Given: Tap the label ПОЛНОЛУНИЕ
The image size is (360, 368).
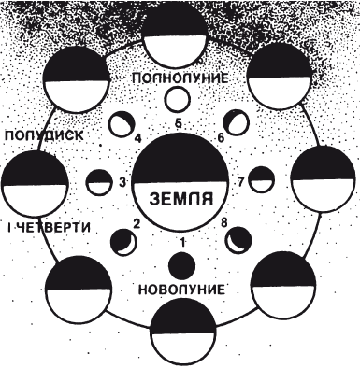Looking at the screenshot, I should [180, 76].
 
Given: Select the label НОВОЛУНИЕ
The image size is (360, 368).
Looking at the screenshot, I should [180, 289].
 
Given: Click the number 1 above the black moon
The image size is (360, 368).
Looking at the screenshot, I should [183, 241].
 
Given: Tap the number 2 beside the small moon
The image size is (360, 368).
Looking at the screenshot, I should [137, 223].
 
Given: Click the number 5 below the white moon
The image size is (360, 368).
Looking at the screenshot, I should [180, 122].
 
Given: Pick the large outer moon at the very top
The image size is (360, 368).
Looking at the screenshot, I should [180, 33].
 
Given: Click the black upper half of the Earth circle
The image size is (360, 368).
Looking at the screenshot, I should [180, 159].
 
